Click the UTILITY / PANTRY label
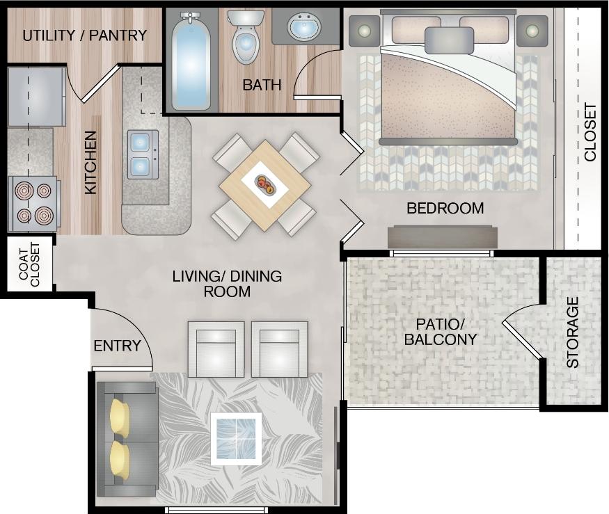(x=84, y=35)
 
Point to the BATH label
(x=262, y=86)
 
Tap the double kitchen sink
(x=143, y=154)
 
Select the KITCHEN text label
(x=90, y=162)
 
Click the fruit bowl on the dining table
(x=264, y=185)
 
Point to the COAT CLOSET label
(x=30, y=265)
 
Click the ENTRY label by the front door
(x=117, y=346)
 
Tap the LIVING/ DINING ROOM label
(x=227, y=284)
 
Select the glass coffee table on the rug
(x=236, y=438)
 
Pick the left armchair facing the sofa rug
(x=216, y=349)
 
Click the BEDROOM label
(x=445, y=208)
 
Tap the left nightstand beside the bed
(x=365, y=31)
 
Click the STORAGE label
(x=572, y=332)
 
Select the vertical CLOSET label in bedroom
(x=590, y=132)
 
